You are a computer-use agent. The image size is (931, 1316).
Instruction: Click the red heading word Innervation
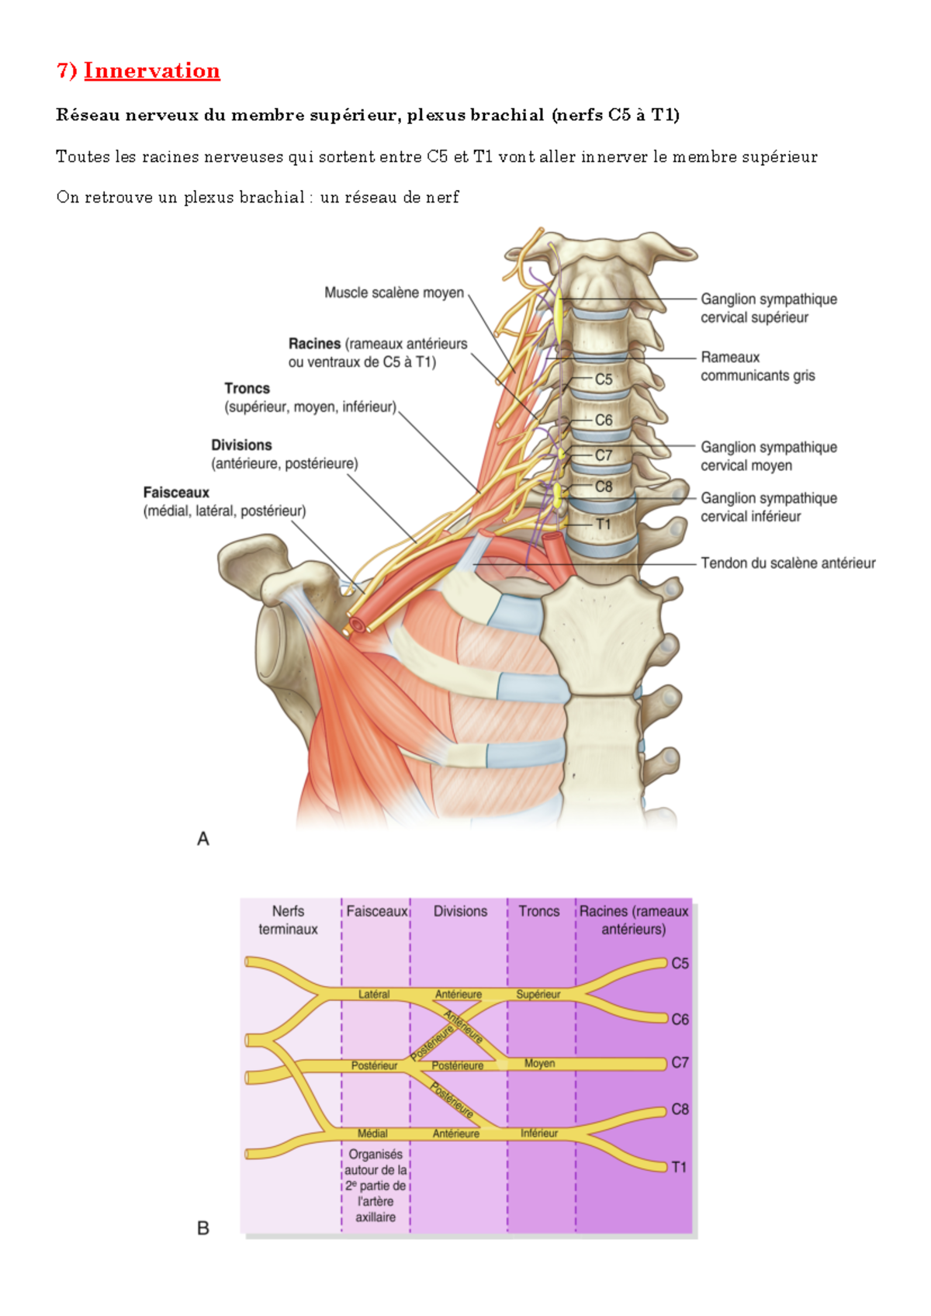[151, 71]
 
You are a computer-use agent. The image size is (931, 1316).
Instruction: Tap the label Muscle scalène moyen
[393, 293]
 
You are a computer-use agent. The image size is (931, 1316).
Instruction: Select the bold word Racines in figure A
[314, 344]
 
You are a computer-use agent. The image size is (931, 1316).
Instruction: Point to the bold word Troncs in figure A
[247, 389]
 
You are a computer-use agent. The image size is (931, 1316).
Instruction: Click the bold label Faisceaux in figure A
[176, 493]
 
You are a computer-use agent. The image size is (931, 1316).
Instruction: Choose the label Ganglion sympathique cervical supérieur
[768, 308]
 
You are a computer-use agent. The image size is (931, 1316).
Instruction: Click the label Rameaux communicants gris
[757, 366]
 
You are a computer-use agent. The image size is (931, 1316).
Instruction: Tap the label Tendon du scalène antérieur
[787, 563]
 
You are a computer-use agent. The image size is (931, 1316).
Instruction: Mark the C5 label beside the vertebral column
[604, 379]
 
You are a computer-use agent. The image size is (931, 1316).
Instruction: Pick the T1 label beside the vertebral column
[603, 525]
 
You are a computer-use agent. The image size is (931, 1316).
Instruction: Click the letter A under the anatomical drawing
[203, 839]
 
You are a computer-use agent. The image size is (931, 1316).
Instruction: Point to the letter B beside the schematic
[203, 1228]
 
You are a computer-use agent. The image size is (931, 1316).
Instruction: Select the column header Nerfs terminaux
[288, 920]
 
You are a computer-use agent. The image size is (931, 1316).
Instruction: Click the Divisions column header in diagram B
[460, 911]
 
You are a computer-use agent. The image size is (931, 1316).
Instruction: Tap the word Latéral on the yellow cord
[374, 994]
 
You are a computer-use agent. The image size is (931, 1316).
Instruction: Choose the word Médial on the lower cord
[372, 1134]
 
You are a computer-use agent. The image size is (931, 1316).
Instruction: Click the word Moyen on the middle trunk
[539, 1063]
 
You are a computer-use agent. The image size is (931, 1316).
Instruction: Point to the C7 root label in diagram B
[680, 1062]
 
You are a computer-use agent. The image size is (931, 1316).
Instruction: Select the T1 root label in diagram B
[679, 1167]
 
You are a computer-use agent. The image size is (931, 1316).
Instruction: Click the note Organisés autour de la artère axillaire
[376, 1186]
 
